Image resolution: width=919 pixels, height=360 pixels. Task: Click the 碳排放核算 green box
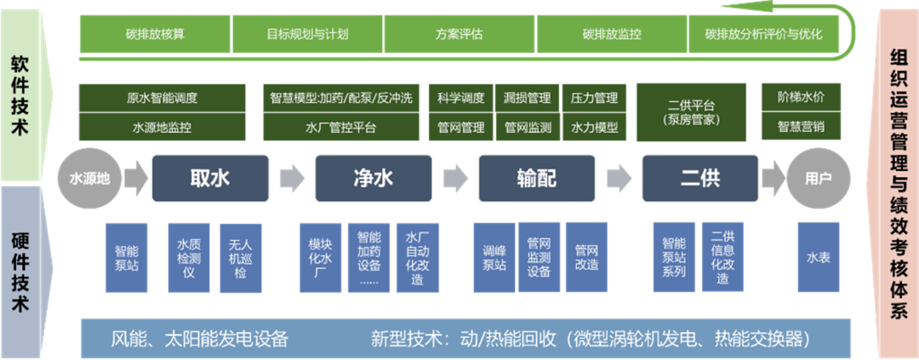(156, 35)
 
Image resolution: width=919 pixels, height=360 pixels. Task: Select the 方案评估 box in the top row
(459, 35)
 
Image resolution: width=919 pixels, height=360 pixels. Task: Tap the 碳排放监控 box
(612, 35)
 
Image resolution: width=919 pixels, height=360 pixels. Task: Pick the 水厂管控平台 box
(340, 128)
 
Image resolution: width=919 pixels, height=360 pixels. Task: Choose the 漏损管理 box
(527, 98)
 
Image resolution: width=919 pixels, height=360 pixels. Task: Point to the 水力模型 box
(594, 128)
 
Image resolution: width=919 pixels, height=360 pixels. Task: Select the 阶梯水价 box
(801, 97)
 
